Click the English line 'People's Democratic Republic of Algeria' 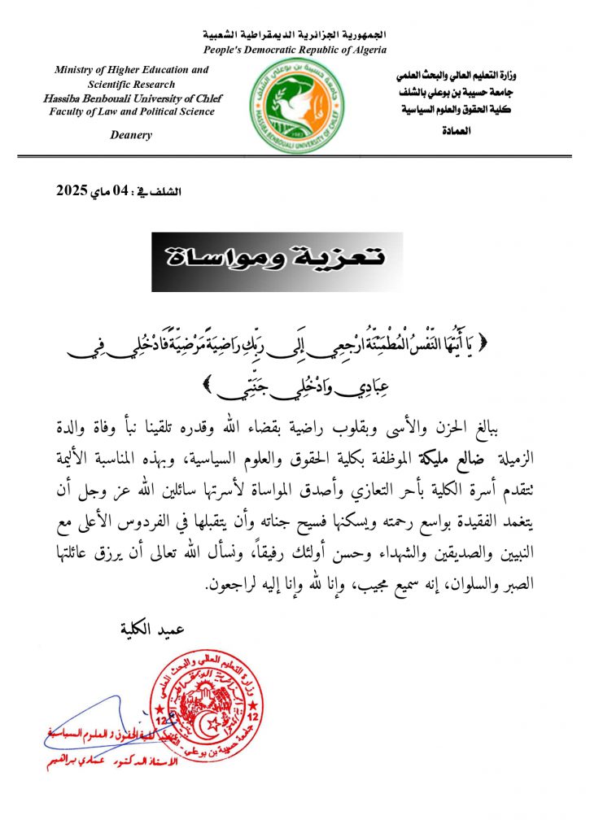(x=295, y=50)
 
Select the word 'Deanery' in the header (x=131, y=135)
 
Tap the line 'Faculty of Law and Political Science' (x=132, y=111)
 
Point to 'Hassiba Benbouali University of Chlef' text (x=132, y=98)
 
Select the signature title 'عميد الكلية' (x=152, y=629)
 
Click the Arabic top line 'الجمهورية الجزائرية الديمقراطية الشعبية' (x=295, y=36)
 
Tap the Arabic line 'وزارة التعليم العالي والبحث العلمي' (x=465, y=76)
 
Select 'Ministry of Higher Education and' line (x=132, y=71)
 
